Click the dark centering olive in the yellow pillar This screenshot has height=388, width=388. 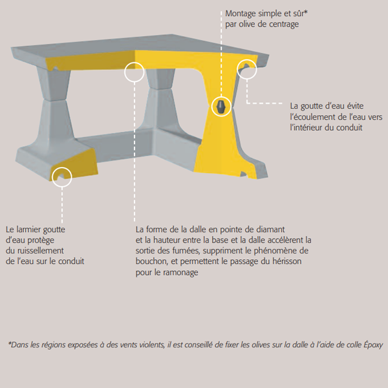tap(221, 106)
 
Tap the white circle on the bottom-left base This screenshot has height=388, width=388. tap(61, 177)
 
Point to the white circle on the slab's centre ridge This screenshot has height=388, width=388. tap(135, 72)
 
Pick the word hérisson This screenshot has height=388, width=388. tap(285, 261)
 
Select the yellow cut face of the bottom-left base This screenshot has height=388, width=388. tap(74, 165)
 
